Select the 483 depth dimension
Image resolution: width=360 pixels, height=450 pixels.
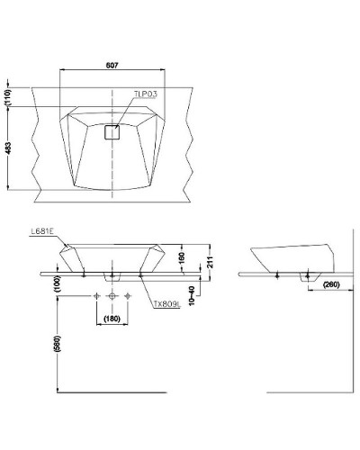pos(8,149)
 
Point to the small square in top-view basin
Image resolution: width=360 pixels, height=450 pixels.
pos(112,132)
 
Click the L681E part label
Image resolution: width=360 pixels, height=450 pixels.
pos(41,231)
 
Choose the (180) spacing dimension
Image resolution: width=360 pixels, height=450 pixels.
pos(112,319)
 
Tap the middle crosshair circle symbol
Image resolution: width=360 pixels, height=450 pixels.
pos(112,296)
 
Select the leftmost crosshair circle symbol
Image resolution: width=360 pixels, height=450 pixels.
pos(95,296)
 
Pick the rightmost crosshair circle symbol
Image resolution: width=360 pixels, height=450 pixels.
pos(128,296)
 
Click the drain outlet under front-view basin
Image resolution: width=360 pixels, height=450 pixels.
pos(112,274)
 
